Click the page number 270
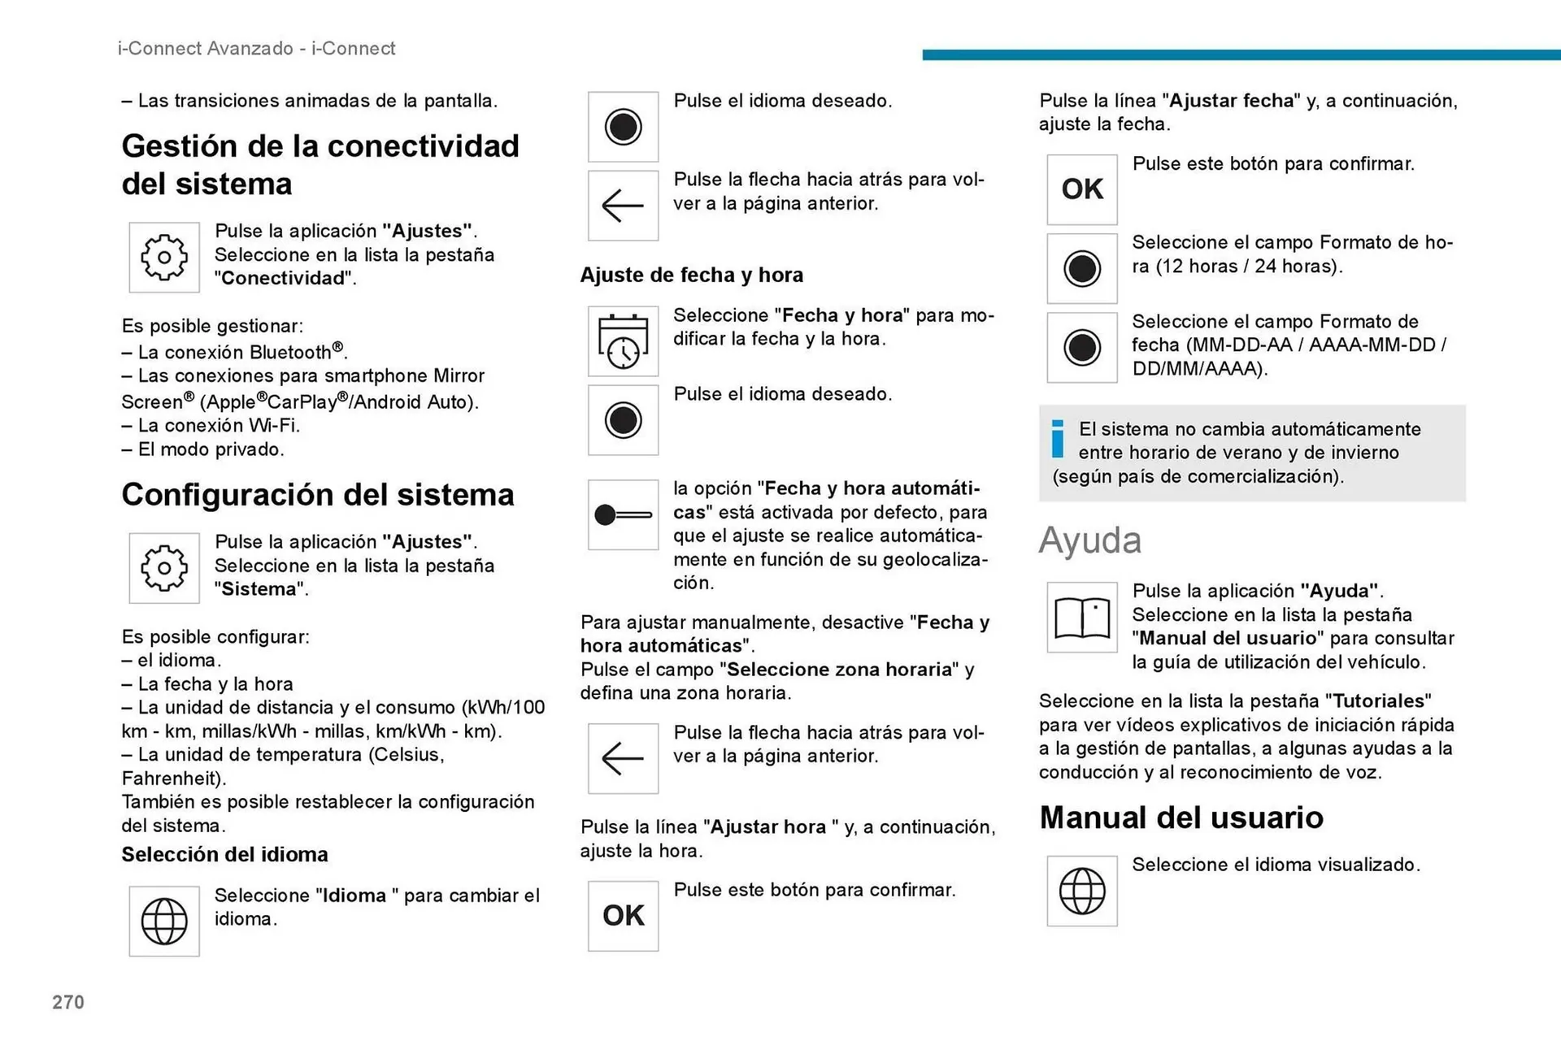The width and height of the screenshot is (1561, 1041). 68,1002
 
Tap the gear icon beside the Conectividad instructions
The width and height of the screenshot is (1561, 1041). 164,258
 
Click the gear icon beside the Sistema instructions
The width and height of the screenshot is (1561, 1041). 164,568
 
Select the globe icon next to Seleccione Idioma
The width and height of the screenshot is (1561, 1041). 164,921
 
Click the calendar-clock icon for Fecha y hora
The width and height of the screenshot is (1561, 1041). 623,341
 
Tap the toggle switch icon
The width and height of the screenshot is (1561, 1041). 623,514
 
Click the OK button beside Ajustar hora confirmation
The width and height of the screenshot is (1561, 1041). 623,916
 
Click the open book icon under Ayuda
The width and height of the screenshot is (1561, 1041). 1081,618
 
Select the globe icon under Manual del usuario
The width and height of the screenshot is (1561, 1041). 1081,891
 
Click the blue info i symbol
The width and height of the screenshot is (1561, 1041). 1057,439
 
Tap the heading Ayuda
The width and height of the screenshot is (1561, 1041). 1089,540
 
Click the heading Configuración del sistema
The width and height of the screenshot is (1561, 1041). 317,495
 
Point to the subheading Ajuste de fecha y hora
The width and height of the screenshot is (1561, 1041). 691,275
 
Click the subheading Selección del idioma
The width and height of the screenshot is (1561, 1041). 224,854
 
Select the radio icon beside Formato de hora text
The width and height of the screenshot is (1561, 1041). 1081,269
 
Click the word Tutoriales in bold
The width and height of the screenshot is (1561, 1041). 1378,701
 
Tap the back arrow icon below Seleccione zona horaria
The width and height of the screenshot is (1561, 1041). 623,758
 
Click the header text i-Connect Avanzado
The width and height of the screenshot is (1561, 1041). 205,49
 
